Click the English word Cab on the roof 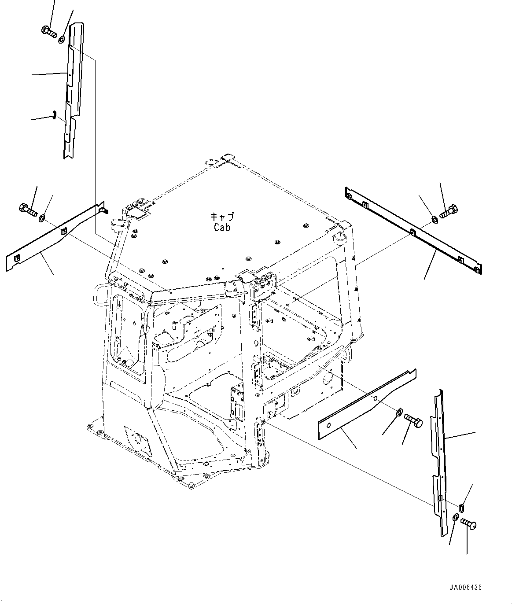[x=222, y=227]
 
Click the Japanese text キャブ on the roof [x=222, y=217]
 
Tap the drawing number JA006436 [x=465, y=587]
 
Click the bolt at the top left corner [x=48, y=32]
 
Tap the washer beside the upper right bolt [x=434, y=218]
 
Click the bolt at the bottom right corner [x=469, y=524]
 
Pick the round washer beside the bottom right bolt [x=456, y=516]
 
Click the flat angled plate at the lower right [x=368, y=407]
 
